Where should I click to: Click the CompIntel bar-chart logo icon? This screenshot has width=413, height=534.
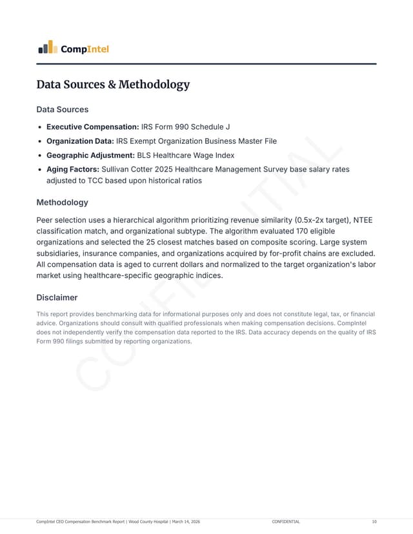coord(46,47)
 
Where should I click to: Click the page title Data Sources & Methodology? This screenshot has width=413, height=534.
coord(113,84)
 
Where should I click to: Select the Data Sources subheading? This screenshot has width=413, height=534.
coord(63,110)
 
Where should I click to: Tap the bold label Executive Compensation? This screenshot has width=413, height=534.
coord(93,127)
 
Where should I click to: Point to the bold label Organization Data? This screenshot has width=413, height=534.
coord(80,141)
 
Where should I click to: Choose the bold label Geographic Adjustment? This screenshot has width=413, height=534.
coord(90,155)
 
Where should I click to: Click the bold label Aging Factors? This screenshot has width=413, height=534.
coord(72,169)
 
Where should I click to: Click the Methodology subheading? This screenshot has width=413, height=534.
coord(63,203)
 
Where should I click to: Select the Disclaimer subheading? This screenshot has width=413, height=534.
coord(57,297)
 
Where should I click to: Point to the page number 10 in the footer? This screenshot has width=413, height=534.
coord(374,521)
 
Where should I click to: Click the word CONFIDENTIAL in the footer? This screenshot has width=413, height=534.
coord(286,521)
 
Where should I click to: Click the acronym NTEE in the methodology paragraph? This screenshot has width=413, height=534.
coord(363,220)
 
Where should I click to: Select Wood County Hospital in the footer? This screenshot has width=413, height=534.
coord(147,521)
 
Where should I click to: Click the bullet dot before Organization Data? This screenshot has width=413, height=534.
coord(41,141)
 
